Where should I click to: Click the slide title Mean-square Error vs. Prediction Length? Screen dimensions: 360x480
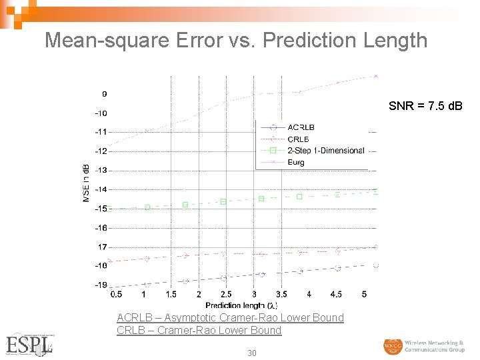pyautogui.click(x=236, y=40)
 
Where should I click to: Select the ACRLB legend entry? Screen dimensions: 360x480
pyautogui.click(x=301, y=127)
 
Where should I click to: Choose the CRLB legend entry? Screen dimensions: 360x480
pyautogui.click(x=298, y=139)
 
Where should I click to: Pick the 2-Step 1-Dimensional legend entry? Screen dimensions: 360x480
pyautogui.click(x=325, y=150)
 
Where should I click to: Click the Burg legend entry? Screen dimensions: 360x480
pyautogui.click(x=297, y=161)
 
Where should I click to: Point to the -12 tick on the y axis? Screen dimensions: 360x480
pyautogui.click(x=99, y=151)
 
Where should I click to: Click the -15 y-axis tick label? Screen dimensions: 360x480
pyautogui.click(x=99, y=209)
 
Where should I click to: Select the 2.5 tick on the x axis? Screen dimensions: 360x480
pyautogui.click(x=226, y=294)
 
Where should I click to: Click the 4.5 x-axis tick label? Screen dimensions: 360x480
pyautogui.click(x=336, y=294)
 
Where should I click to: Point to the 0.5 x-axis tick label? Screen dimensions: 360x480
pyautogui.click(x=115, y=294)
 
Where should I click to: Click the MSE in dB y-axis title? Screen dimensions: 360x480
pyautogui.click(x=87, y=183)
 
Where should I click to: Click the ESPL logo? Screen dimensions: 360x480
pyautogui.click(x=29, y=344)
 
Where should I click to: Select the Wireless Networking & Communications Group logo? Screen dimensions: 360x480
pyautogui.click(x=423, y=346)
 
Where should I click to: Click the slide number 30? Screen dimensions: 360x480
pyautogui.click(x=251, y=353)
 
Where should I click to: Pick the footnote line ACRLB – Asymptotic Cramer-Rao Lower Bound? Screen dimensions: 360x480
pyautogui.click(x=230, y=318)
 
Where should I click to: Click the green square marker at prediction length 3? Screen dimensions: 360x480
pyautogui.click(x=261, y=199)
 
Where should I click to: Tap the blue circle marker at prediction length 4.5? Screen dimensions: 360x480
pyautogui.click(x=338, y=268)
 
